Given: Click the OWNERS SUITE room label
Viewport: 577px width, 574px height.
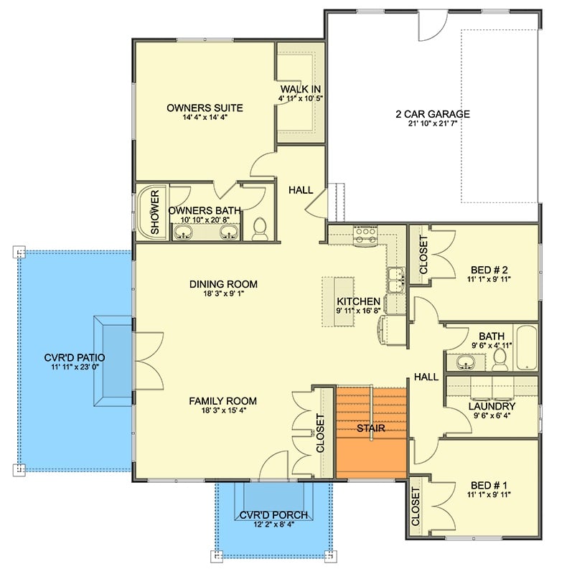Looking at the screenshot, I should [x=205, y=108].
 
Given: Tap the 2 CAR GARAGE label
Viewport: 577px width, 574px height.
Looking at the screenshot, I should [x=432, y=113].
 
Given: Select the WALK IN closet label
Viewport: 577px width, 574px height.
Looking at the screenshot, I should [x=300, y=89].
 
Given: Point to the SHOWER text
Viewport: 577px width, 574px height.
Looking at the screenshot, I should [x=154, y=212].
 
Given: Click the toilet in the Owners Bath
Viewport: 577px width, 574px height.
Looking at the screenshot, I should [x=260, y=228].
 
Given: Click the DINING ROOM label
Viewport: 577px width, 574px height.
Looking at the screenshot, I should [x=223, y=284].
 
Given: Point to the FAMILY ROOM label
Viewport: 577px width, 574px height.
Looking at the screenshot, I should [x=222, y=401].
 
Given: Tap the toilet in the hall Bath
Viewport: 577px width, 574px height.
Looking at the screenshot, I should [x=501, y=359].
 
